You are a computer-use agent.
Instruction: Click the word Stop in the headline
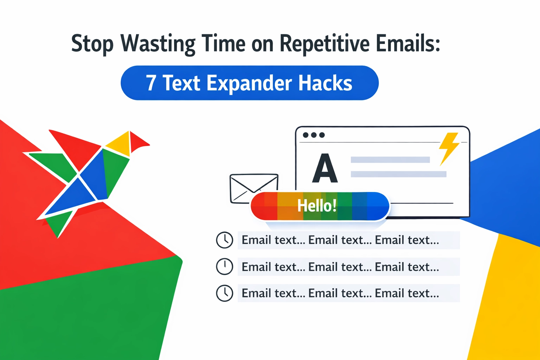[92, 44]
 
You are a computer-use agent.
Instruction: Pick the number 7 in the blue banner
[151, 83]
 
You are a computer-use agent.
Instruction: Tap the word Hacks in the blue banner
[325, 83]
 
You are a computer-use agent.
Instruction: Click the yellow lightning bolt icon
[449, 148]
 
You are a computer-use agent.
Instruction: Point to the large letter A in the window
[325, 169]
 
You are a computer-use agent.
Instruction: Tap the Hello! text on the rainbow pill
[317, 206]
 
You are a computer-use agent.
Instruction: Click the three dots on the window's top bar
[314, 135]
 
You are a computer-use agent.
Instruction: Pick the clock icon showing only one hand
[224, 266]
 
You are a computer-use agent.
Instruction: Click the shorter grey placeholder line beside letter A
[390, 160]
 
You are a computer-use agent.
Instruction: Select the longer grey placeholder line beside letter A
[398, 174]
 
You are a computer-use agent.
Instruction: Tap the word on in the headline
[262, 44]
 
